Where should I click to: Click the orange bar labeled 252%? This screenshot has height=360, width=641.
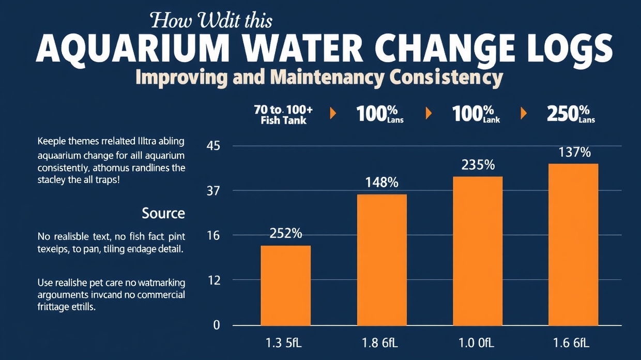(x=285, y=285)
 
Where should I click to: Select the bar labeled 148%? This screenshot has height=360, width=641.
(x=381, y=260)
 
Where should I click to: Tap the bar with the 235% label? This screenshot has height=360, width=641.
(x=478, y=251)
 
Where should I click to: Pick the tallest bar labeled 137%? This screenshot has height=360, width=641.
(x=573, y=244)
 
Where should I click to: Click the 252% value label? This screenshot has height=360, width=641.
(x=285, y=233)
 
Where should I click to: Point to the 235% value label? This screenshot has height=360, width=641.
(x=478, y=165)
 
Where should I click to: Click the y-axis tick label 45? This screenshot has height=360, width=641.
(x=213, y=146)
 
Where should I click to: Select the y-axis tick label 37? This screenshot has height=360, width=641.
(x=213, y=191)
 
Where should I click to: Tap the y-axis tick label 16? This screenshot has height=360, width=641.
(x=213, y=236)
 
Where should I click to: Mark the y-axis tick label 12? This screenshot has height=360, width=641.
(x=213, y=280)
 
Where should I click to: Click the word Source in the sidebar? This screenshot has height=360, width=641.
(x=163, y=213)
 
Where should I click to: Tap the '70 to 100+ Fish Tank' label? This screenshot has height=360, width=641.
(x=283, y=115)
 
